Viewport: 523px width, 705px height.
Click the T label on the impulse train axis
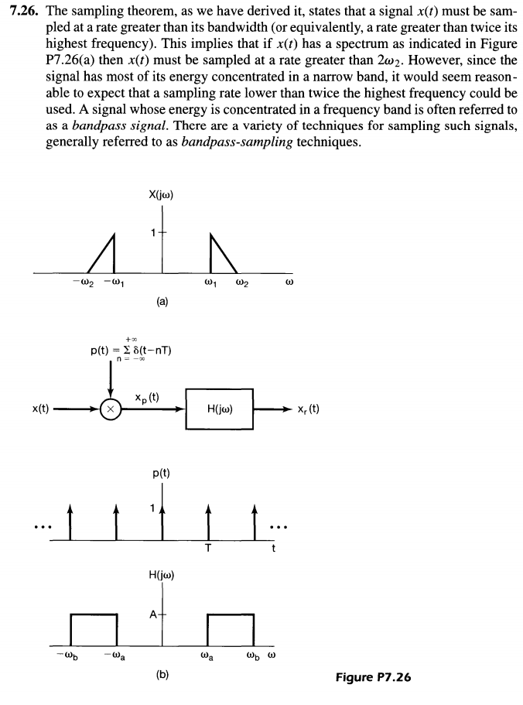point(207,549)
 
